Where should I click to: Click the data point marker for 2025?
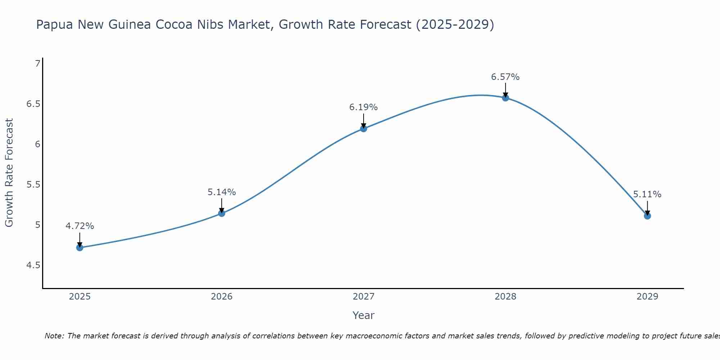(x=80, y=248)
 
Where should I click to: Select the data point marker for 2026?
(x=221, y=213)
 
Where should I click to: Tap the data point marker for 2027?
(x=364, y=129)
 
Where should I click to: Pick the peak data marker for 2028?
(x=505, y=98)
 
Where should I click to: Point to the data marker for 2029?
(x=647, y=216)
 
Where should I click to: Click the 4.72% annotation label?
(x=80, y=226)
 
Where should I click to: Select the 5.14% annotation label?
(x=221, y=192)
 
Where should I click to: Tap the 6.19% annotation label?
(x=363, y=107)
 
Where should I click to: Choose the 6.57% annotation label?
(x=505, y=77)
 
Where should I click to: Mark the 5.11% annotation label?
(x=647, y=194)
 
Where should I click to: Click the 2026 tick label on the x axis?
(x=221, y=297)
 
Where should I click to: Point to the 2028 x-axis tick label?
(x=505, y=297)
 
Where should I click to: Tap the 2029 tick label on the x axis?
(x=647, y=297)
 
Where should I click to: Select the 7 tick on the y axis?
(x=37, y=64)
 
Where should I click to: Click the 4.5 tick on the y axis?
(x=33, y=266)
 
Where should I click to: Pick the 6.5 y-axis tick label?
(x=33, y=104)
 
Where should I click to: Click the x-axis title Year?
(x=363, y=315)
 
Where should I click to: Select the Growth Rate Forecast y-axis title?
(x=9, y=173)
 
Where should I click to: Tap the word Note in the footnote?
(x=54, y=336)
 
